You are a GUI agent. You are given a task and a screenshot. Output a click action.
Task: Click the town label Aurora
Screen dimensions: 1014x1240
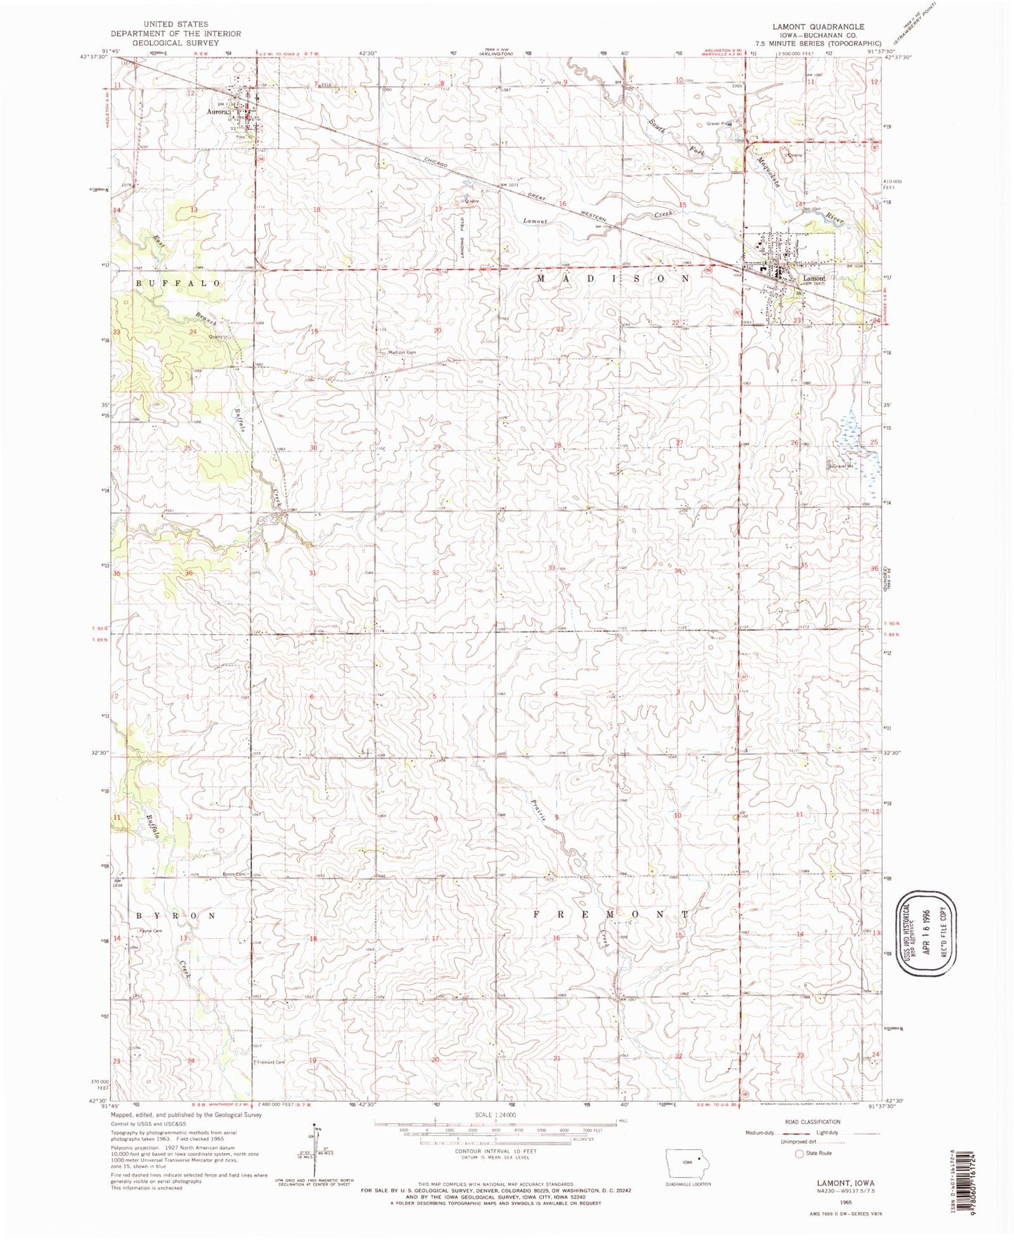pyautogui.click(x=218, y=111)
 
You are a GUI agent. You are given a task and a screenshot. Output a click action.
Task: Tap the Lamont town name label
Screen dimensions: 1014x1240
pyautogui.click(x=814, y=278)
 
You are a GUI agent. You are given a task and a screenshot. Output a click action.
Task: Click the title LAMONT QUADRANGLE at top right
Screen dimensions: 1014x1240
pyautogui.click(x=818, y=27)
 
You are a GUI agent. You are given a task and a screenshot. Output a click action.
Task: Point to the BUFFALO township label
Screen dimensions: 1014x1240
pyautogui.click(x=178, y=283)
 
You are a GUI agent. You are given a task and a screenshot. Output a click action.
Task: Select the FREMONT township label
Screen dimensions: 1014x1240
pyautogui.click(x=611, y=915)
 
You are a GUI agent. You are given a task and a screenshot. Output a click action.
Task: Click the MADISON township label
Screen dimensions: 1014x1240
pyautogui.click(x=613, y=279)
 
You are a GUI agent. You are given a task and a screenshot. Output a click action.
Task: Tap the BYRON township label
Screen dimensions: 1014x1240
pyautogui.click(x=175, y=916)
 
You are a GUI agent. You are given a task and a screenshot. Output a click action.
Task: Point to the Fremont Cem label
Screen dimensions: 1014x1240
pyautogui.click(x=271, y=1062)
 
